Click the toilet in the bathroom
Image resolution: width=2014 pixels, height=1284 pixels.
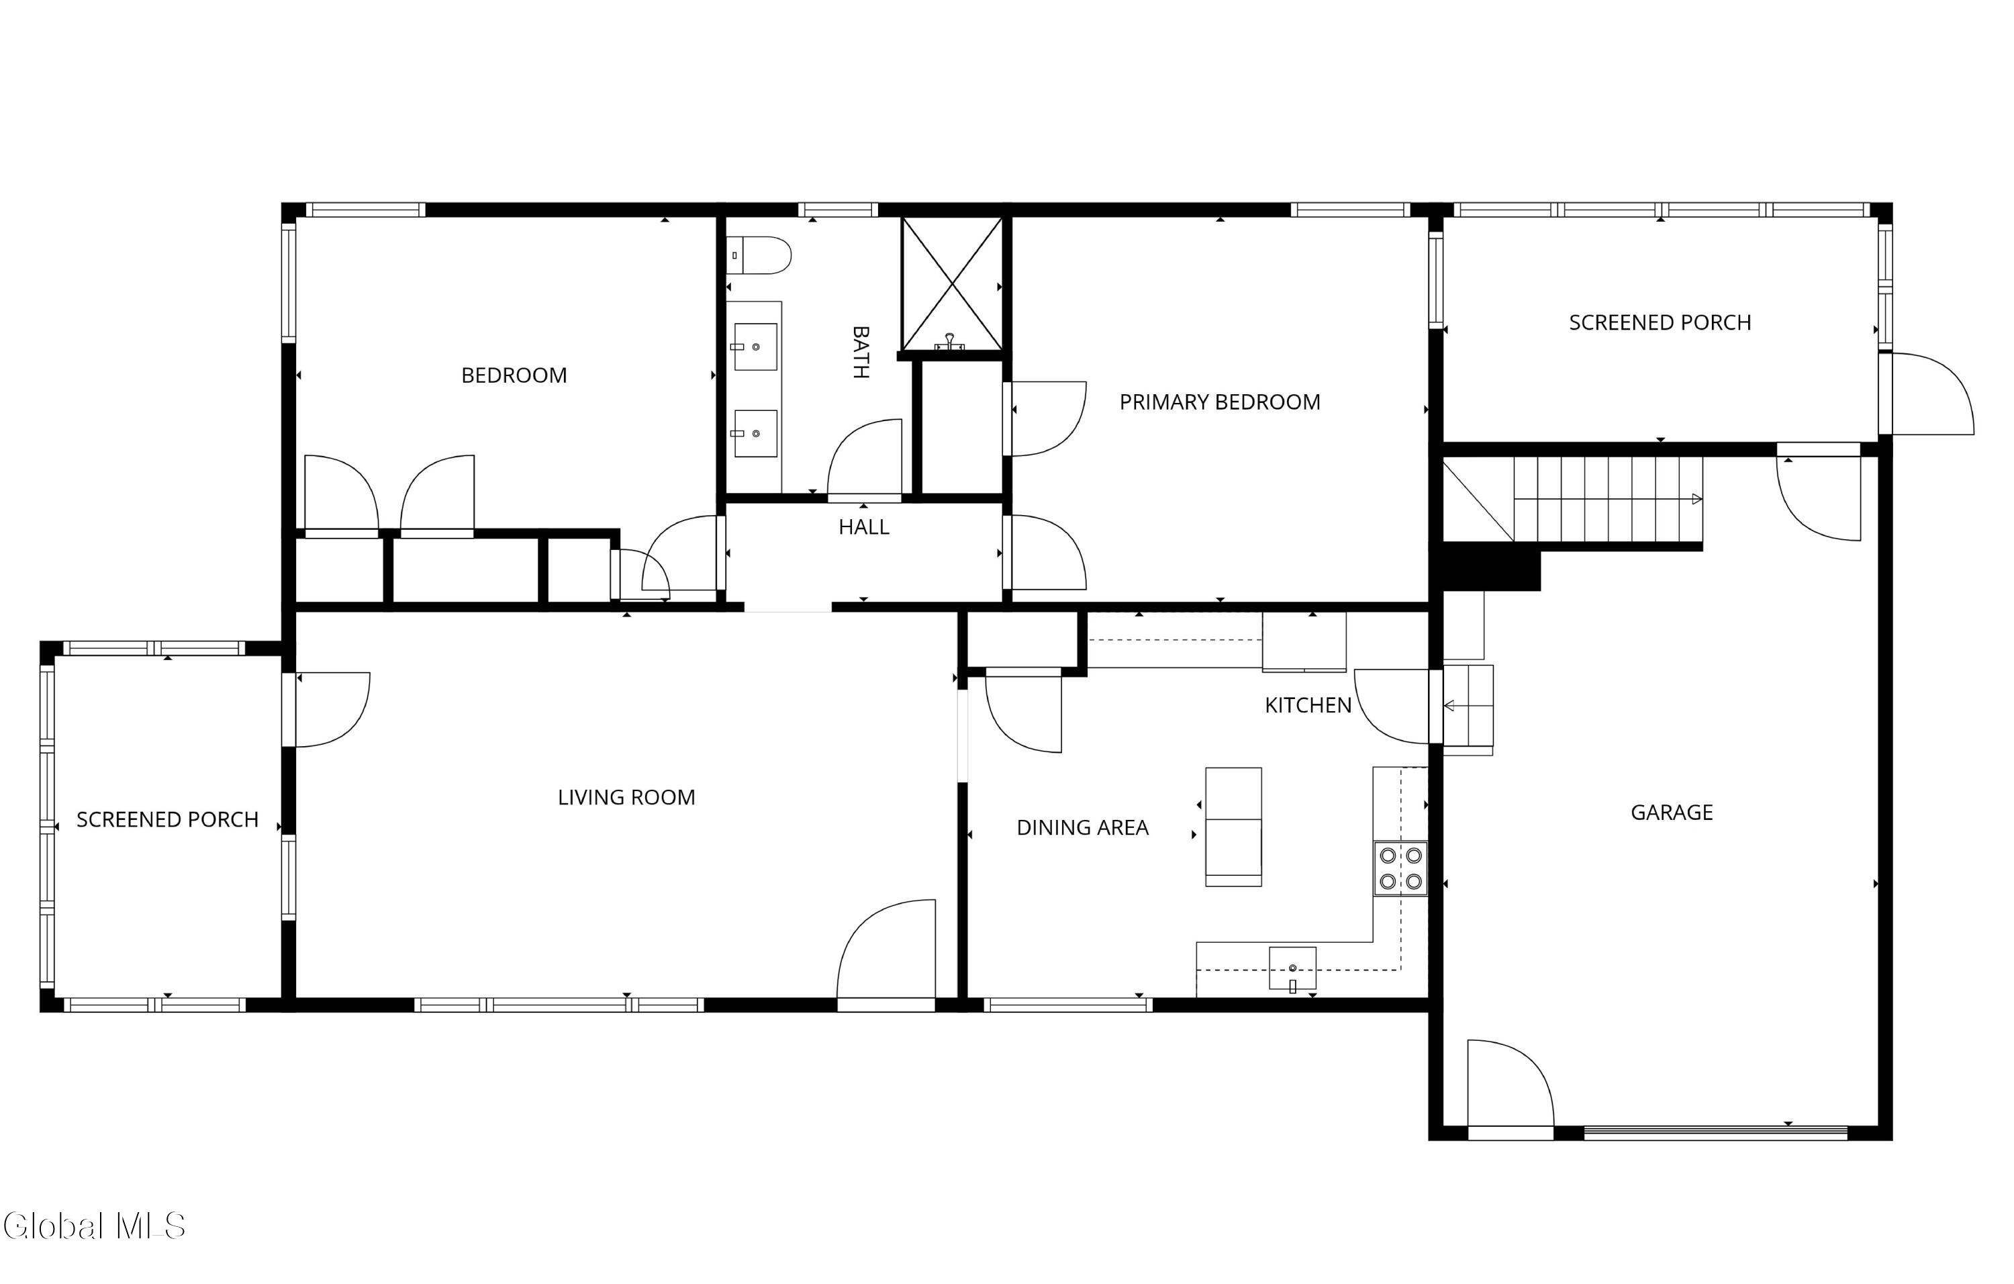(x=758, y=255)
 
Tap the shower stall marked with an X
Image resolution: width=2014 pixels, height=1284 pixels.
(x=952, y=283)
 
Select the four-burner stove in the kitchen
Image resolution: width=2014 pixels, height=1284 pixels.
(x=1400, y=868)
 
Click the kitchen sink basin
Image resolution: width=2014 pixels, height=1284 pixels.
(x=1292, y=968)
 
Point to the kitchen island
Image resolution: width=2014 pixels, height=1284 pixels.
(x=1233, y=827)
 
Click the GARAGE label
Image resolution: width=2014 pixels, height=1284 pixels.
(x=1671, y=812)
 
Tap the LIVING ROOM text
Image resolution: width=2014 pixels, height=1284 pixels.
(x=626, y=797)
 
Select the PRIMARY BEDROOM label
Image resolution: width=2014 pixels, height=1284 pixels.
(x=1219, y=402)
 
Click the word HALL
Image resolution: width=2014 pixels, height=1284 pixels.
(x=864, y=527)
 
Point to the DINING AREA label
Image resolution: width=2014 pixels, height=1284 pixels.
(x=1082, y=827)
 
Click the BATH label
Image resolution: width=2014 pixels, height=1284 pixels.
(x=861, y=352)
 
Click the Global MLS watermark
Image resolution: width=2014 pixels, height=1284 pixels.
(x=94, y=1226)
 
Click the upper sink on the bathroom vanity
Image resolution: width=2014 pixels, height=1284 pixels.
(x=755, y=347)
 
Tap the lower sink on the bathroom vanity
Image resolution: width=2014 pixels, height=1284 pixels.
(x=755, y=433)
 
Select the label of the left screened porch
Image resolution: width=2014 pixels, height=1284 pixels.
(x=167, y=820)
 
